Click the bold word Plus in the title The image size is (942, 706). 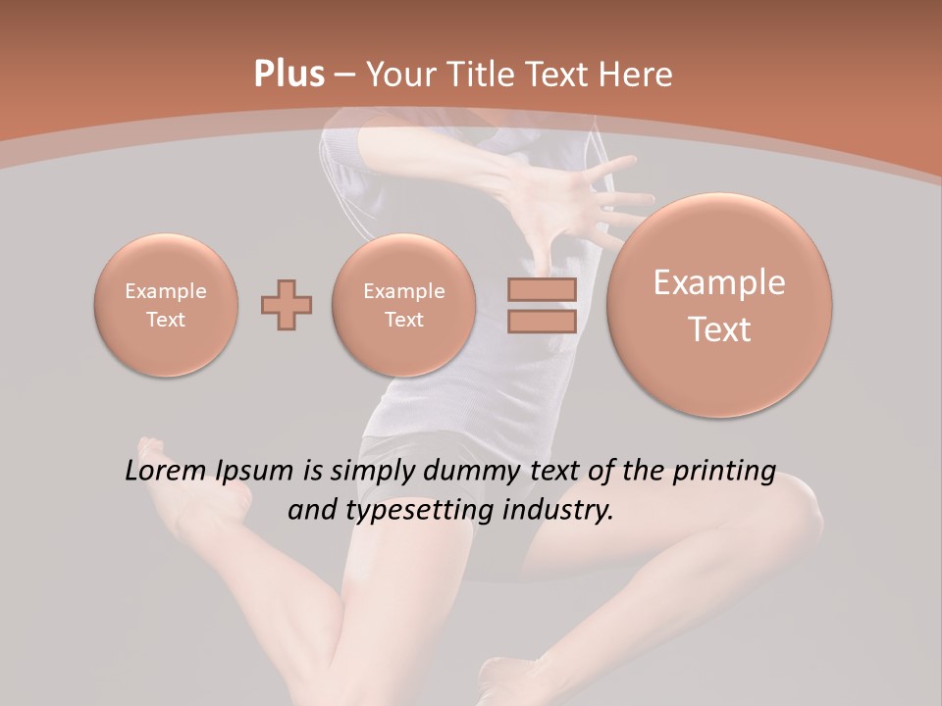click(288, 75)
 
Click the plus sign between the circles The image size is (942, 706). click(287, 305)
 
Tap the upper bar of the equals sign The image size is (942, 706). click(541, 291)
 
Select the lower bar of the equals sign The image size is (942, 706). click(541, 321)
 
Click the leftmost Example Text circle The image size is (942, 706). click(166, 305)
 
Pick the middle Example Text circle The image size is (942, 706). click(403, 305)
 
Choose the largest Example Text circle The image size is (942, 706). click(719, 305)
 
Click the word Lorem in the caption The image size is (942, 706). click(164, 472)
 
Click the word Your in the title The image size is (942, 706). click(400, 75)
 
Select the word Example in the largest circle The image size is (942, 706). click(719, 283)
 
